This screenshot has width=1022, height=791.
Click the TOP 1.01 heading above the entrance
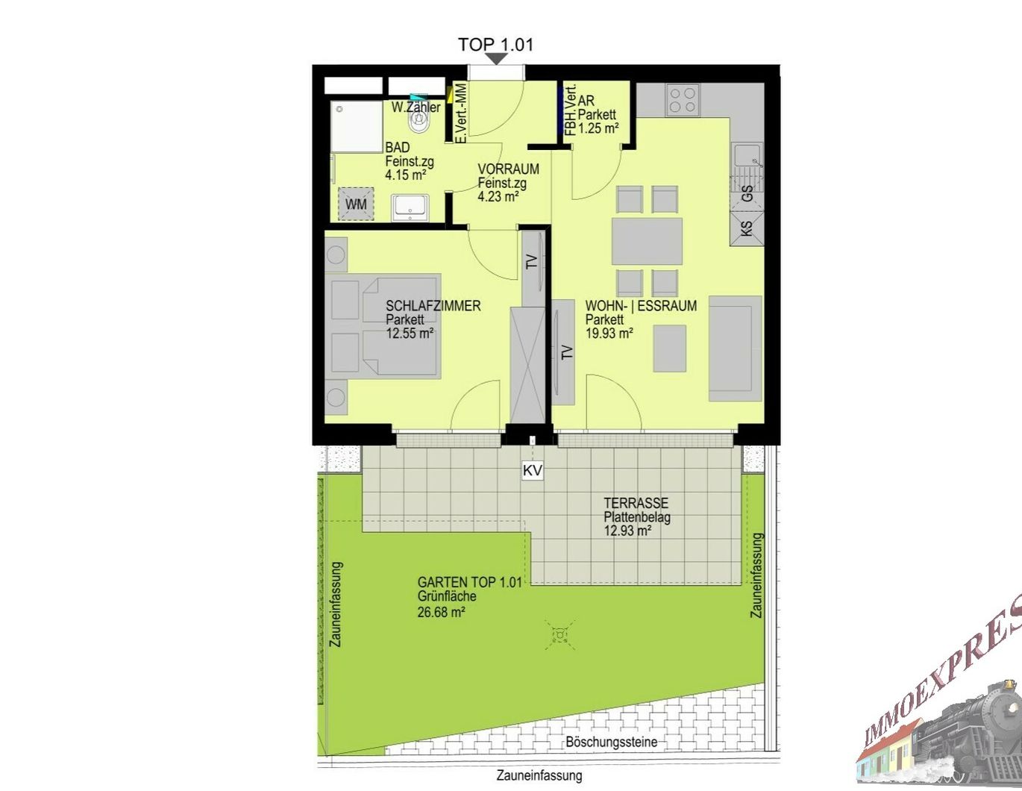click(496, 45)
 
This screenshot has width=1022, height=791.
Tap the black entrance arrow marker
click(497, 59)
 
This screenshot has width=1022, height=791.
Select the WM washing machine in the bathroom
click(356, 204)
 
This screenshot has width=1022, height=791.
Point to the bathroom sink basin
click(411, 208)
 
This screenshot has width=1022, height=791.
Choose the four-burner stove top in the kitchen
click(683, 100)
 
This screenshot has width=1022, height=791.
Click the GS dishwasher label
click(747, 193)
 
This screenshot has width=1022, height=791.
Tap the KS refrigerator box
click(747, 228)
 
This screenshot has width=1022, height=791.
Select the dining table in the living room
click(648, 241)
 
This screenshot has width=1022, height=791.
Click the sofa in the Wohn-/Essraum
click(735, 348)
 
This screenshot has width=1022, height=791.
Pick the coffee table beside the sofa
click(669, 349)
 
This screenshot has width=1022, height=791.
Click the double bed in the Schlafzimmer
click(386, 327)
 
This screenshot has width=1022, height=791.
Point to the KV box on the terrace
click(533, 470)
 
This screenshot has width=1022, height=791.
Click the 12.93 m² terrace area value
click(627, 531)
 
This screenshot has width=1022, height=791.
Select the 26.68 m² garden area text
click(441, 613)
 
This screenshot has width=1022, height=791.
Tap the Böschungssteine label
click(612, 742)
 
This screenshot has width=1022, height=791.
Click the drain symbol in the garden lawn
click(559, 635)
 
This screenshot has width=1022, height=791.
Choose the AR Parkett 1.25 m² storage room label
click(598, 114)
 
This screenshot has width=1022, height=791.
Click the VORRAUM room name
click(509, 169)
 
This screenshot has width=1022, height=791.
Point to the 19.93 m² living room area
click(609, 334)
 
